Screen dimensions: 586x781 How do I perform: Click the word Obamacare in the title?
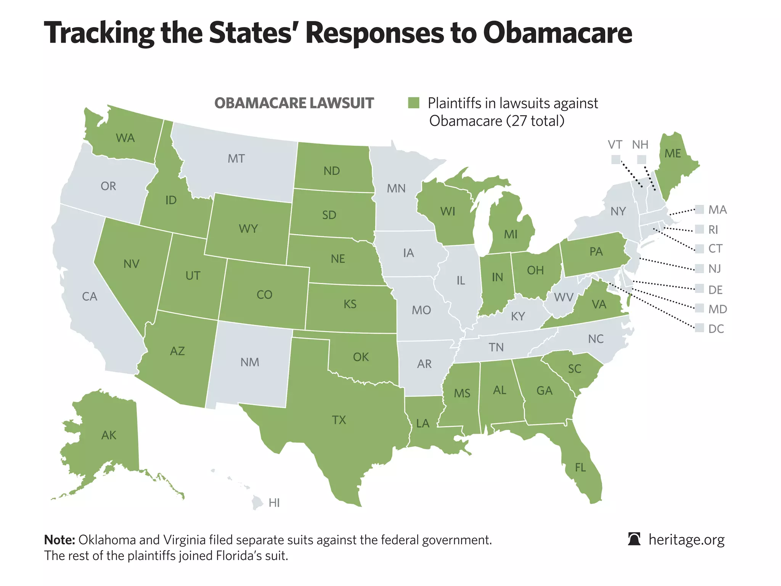(558, 33)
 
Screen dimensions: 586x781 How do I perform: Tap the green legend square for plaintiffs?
(414, 103)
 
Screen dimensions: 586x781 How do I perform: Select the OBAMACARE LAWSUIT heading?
(294, 103)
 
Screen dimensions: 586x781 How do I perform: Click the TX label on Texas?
(339, 420)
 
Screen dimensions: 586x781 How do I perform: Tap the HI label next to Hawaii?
(274, 503)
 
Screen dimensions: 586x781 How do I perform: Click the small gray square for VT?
(615, 159)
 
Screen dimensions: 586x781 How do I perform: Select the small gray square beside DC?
(699, 328)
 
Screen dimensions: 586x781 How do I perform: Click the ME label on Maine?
(673, 153)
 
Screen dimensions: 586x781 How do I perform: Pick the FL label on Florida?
(580, 467)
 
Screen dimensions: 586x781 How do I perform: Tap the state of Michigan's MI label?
(511, 234)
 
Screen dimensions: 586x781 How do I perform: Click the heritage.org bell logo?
(634, 539)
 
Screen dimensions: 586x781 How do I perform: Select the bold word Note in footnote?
(59, 540)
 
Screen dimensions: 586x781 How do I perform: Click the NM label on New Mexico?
(250, 362)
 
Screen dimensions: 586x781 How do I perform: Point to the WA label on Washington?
(125, 138)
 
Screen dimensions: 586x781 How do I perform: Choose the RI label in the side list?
(713, 230)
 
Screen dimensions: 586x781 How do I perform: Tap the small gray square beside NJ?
(699, 268)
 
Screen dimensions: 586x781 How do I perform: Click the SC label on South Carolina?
(575, 369)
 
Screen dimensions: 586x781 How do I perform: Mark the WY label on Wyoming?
(248, 229)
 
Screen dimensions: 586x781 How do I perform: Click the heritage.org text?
(686, 539)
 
